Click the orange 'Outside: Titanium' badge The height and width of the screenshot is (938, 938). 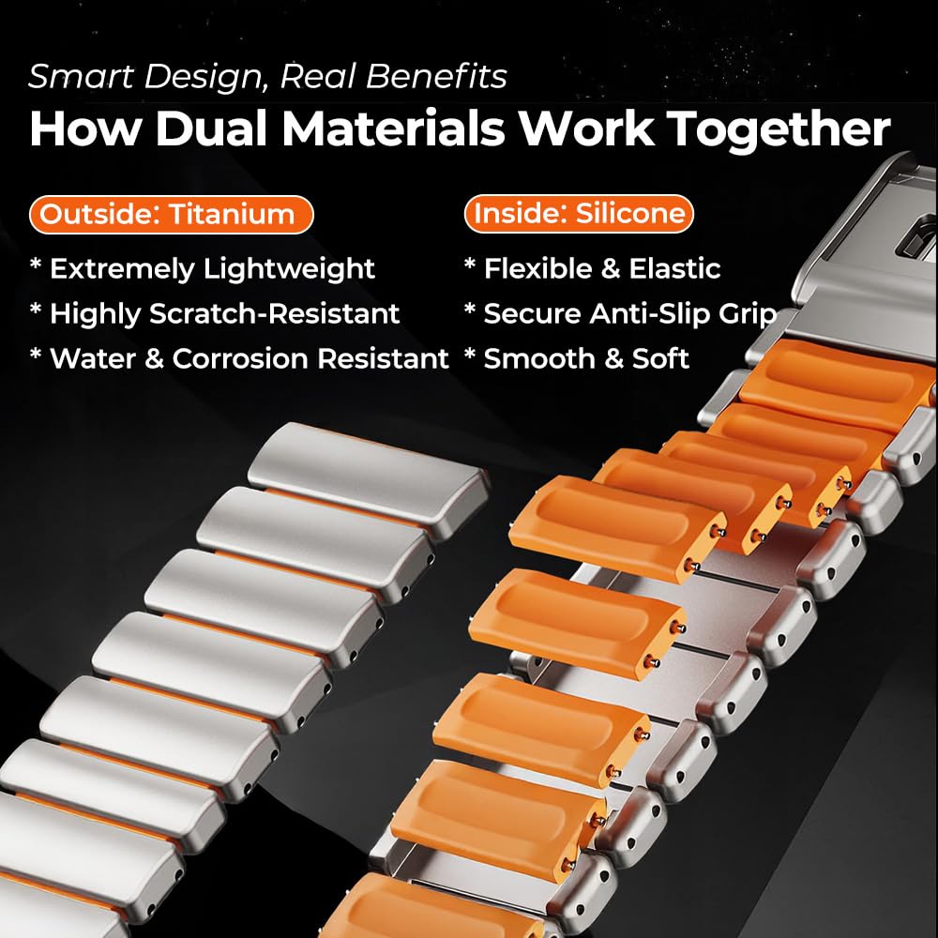(x=171, y=214)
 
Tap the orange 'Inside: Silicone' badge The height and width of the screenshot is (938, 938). (x=579, y=214)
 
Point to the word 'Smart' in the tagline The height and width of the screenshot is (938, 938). (x=82, y=77)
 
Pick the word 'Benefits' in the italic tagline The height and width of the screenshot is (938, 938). (x=437, y=76)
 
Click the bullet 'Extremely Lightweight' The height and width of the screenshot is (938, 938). (x=212, y=268)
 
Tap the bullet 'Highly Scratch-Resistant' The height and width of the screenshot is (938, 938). (x=224, y=313)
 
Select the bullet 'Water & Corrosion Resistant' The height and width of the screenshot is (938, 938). (x=249, y=358)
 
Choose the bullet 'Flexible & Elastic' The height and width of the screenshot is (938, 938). (x=602, y=268)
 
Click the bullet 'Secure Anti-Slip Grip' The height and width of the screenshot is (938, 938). (x=630, y=314)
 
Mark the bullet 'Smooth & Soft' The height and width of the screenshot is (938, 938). (x=586, y=358)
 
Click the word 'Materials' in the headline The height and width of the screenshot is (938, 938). (x=394, y=128)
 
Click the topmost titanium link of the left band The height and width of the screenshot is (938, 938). (x=369, y=477)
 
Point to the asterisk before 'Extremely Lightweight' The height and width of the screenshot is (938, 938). (x=36, y=264)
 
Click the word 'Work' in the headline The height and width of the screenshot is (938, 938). (x=586, y=128)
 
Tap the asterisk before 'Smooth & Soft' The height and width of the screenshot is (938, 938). (x=470, y=354)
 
